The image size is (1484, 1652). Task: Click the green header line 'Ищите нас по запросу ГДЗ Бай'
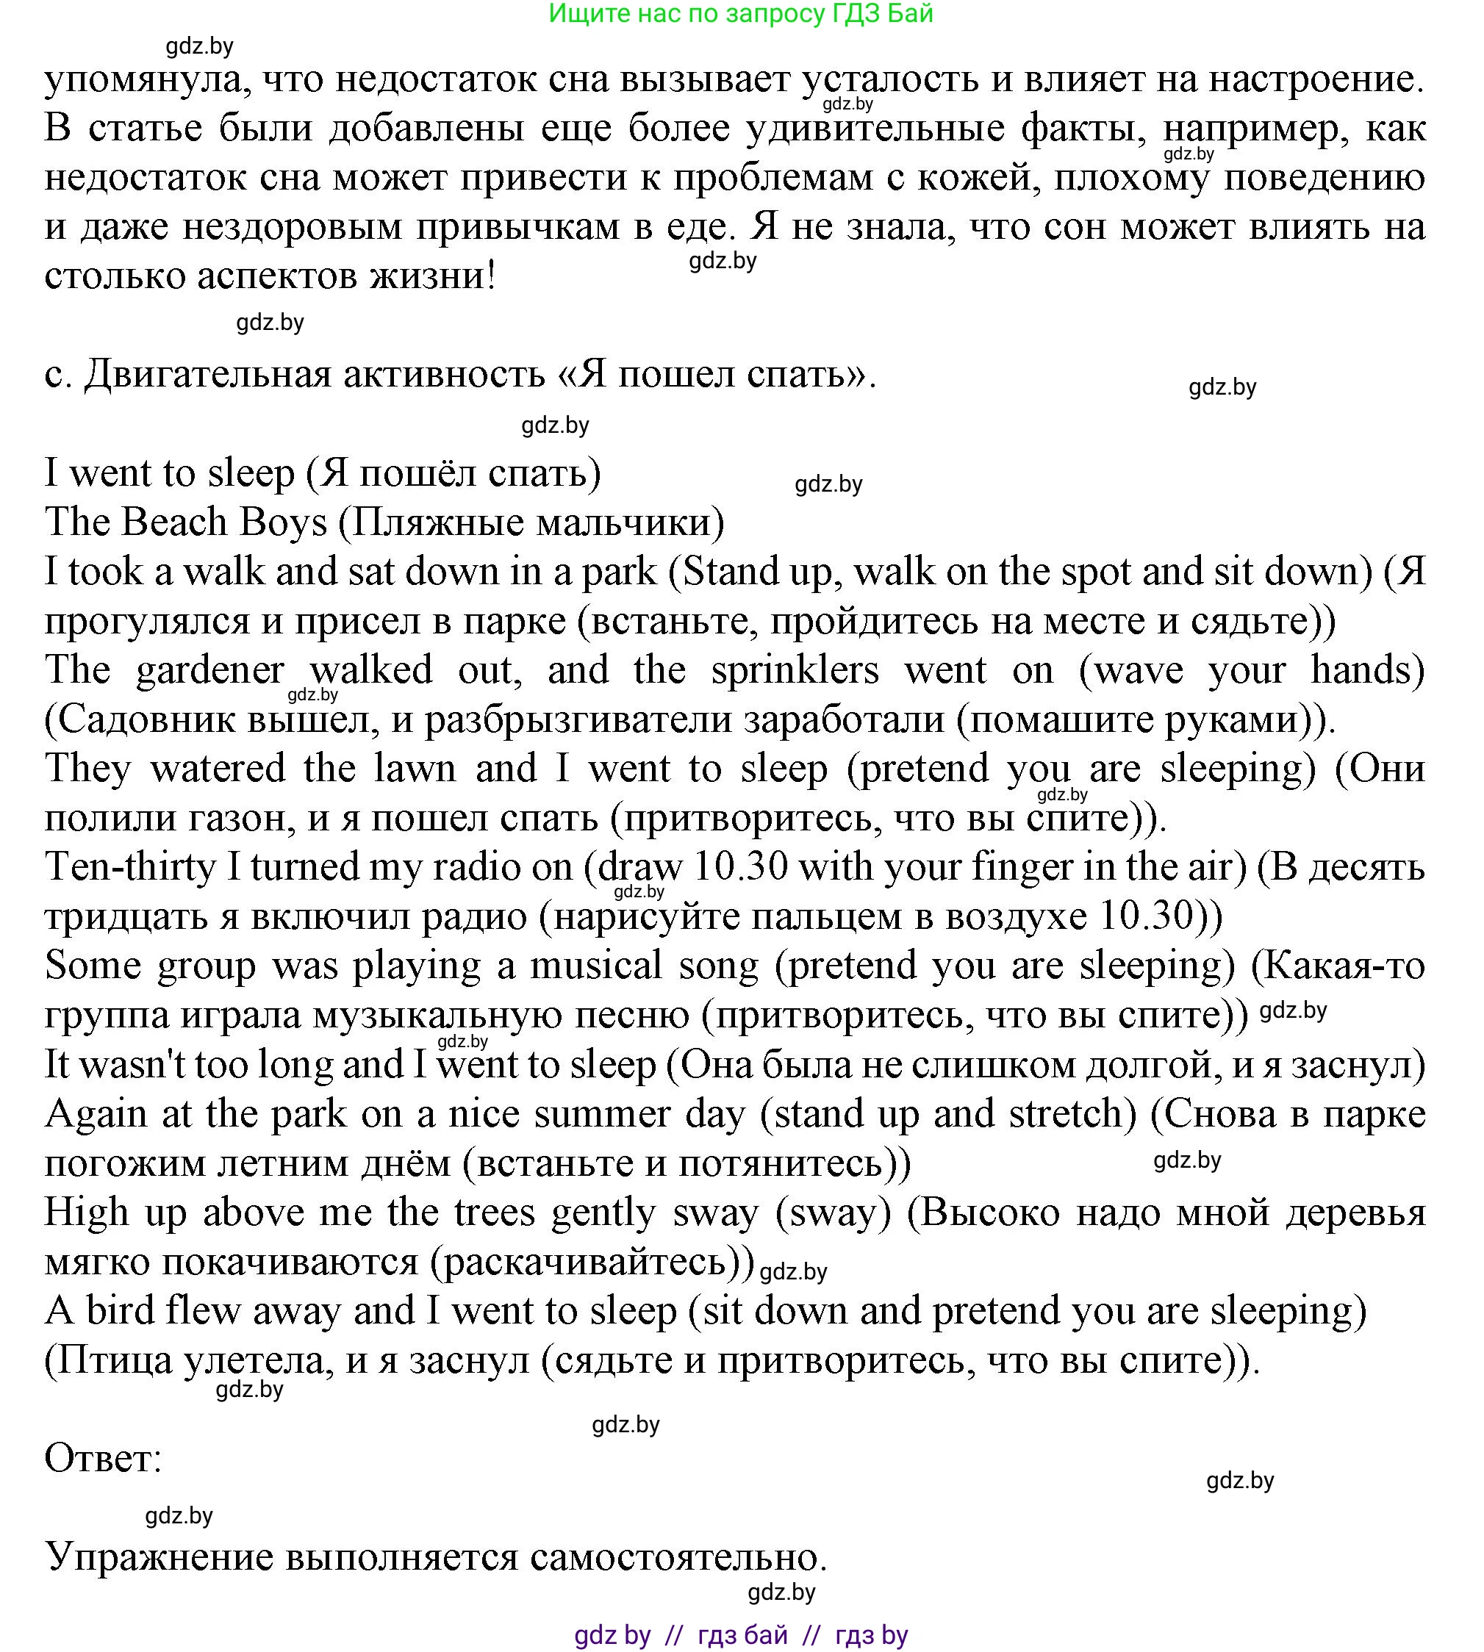coord(740,14)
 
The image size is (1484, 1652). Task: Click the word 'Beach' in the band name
coord(173,522)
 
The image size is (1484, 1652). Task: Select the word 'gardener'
coord(209,671)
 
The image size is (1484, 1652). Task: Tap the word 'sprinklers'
coord(795,671)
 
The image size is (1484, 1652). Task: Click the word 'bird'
coord(121,1312)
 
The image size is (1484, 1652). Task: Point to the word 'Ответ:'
coord(104,1459)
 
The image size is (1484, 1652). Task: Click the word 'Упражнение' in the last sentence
coord(158,1557)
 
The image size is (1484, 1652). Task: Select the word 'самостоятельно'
coord(678,1557)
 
